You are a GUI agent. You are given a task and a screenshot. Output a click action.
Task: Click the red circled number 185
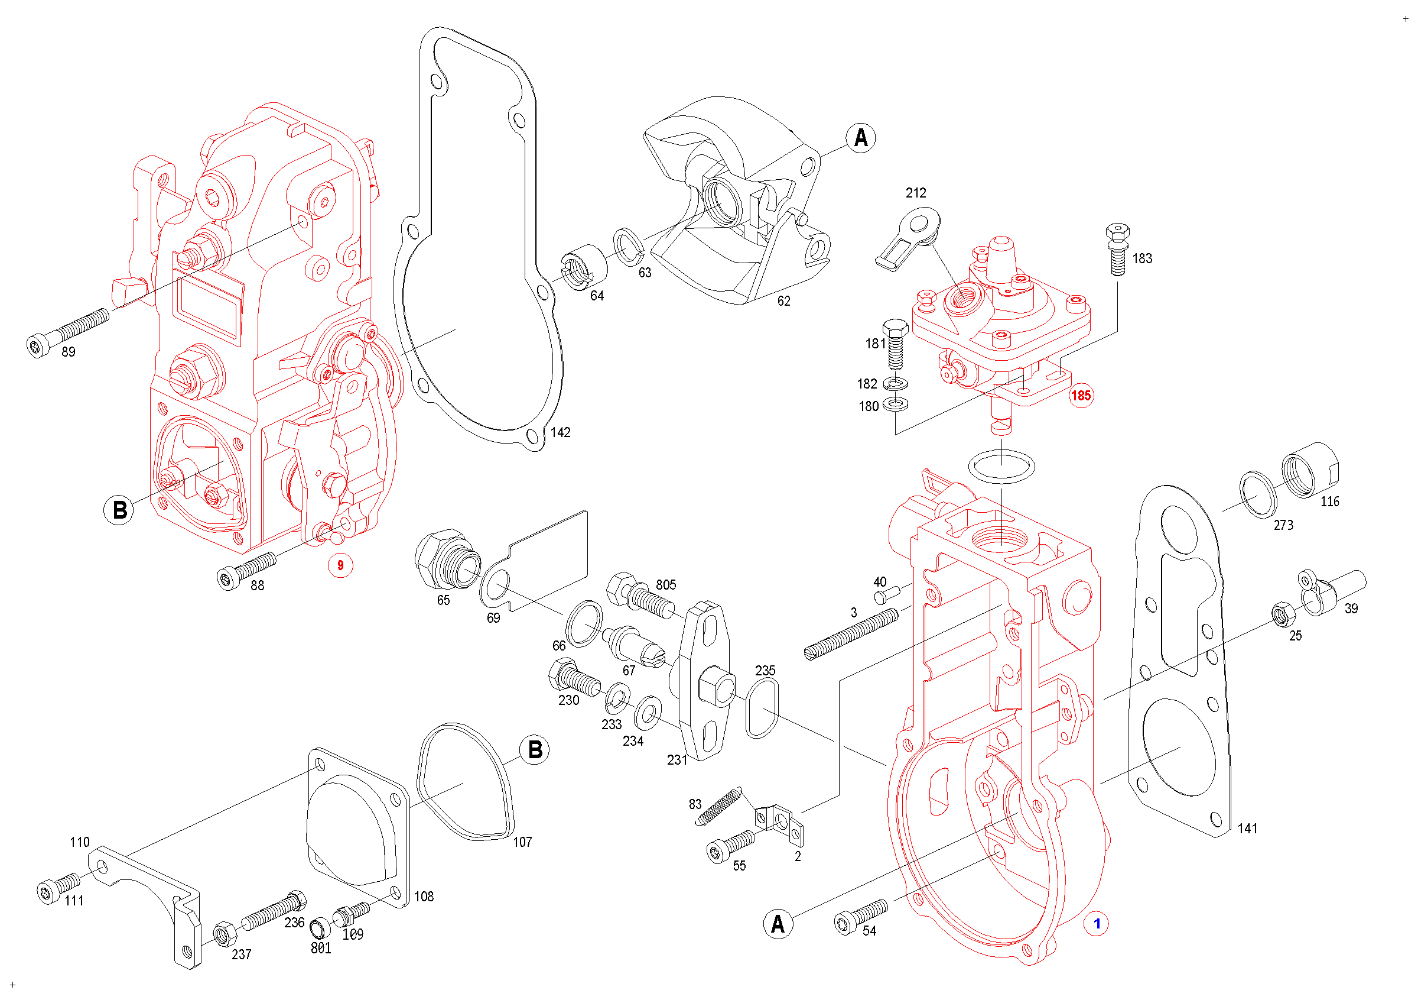pos(1081,396)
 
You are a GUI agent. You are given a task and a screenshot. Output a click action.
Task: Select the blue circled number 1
pos(1096,923)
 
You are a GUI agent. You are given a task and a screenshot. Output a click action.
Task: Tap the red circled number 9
pos(340,565)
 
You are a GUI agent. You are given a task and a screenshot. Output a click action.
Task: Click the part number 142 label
pos(560,432)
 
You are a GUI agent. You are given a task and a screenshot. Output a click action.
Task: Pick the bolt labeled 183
pos(1117,249)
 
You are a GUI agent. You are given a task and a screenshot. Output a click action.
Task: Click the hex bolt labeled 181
pos(896,345)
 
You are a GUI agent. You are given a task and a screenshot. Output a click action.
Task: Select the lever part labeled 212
pos(908,237)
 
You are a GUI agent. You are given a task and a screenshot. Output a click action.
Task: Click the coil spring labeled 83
pos(718,806)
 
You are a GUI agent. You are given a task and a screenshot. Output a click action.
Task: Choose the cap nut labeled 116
pos(1310,470)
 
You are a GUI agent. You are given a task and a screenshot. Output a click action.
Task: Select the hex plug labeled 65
pos(447,559)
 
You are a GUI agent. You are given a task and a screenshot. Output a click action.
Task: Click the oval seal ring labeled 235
pos(762,708)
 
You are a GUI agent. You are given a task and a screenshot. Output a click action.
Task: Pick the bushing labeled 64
pos(584,266)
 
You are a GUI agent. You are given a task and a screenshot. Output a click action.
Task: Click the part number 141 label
pos(1247,828)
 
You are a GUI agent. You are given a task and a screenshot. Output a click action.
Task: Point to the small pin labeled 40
pos(887,596)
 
